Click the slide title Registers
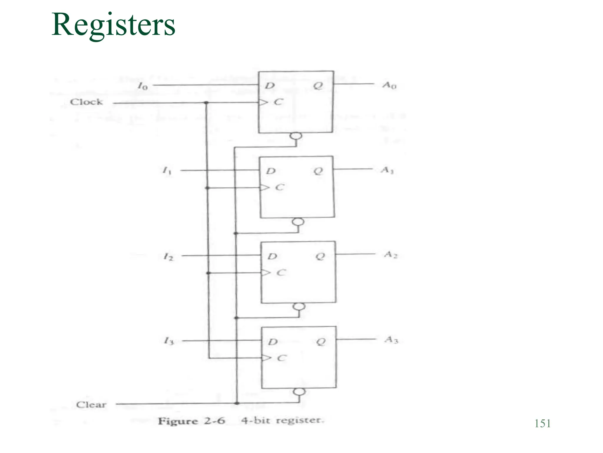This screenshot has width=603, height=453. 113,25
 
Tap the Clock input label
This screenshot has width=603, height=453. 86,102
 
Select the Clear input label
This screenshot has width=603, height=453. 91,404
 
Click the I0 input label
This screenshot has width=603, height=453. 143,86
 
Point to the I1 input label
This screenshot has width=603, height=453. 167,171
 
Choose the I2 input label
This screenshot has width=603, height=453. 168,257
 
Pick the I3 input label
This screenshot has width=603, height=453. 169,342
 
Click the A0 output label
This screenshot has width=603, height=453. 389,85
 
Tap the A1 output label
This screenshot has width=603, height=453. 387,170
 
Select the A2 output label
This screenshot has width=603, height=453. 391,255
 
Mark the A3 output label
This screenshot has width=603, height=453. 391,340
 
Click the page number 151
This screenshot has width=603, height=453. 542,424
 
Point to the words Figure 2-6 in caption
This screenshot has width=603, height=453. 191,421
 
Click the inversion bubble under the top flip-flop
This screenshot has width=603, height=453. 296,136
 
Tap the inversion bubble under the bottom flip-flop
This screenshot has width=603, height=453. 299,392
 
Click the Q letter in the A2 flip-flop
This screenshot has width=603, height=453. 320,256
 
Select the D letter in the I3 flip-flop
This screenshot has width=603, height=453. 273,342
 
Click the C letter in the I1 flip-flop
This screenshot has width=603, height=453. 279,187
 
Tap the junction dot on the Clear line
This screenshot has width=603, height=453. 237,403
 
